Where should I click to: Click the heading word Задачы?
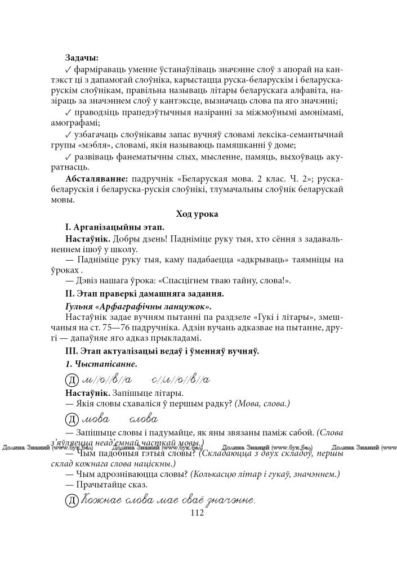[x=82, y=57]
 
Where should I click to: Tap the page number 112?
[x=197, y=513]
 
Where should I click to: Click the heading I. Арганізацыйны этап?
[x=114, y=227]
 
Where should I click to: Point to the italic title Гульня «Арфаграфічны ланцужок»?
[x=138, y=307]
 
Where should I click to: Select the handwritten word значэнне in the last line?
[x=230, y=499]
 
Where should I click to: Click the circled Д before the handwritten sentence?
[x=72, y=499]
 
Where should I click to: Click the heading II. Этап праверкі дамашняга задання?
[x=144, y=294]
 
